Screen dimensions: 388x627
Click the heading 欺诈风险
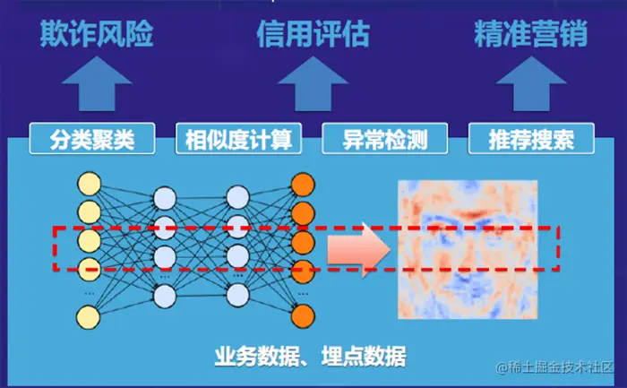click(x=97, y=35)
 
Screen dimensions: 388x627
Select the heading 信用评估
click(x=313, y=35)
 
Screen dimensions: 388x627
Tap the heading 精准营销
click(x=530, y=35)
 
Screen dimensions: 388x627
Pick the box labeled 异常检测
click(x=384, y=140)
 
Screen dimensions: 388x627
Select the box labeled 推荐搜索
click(x=530, y=140)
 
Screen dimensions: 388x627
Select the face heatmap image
click(x=468, y=248)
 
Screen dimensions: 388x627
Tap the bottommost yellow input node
click(x=89, y=315)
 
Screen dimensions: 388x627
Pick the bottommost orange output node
click(x=303, y=315)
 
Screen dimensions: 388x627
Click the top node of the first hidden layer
click(x=165, y=197)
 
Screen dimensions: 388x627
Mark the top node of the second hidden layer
click(x=238, y=197)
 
